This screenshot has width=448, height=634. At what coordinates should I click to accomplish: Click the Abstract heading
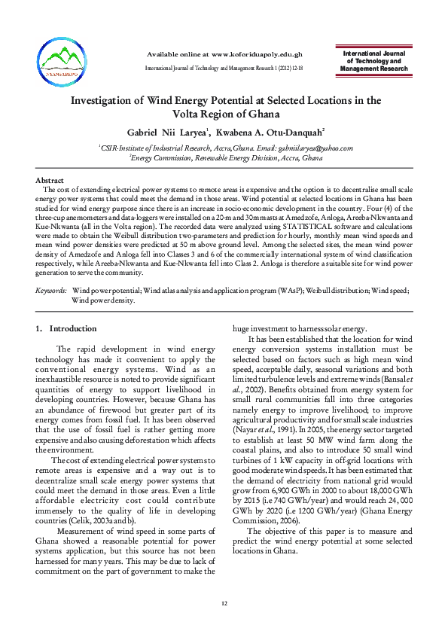click(x=50, y=181)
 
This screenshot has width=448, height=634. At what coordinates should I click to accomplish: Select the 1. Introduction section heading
click(x=66, y=328)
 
